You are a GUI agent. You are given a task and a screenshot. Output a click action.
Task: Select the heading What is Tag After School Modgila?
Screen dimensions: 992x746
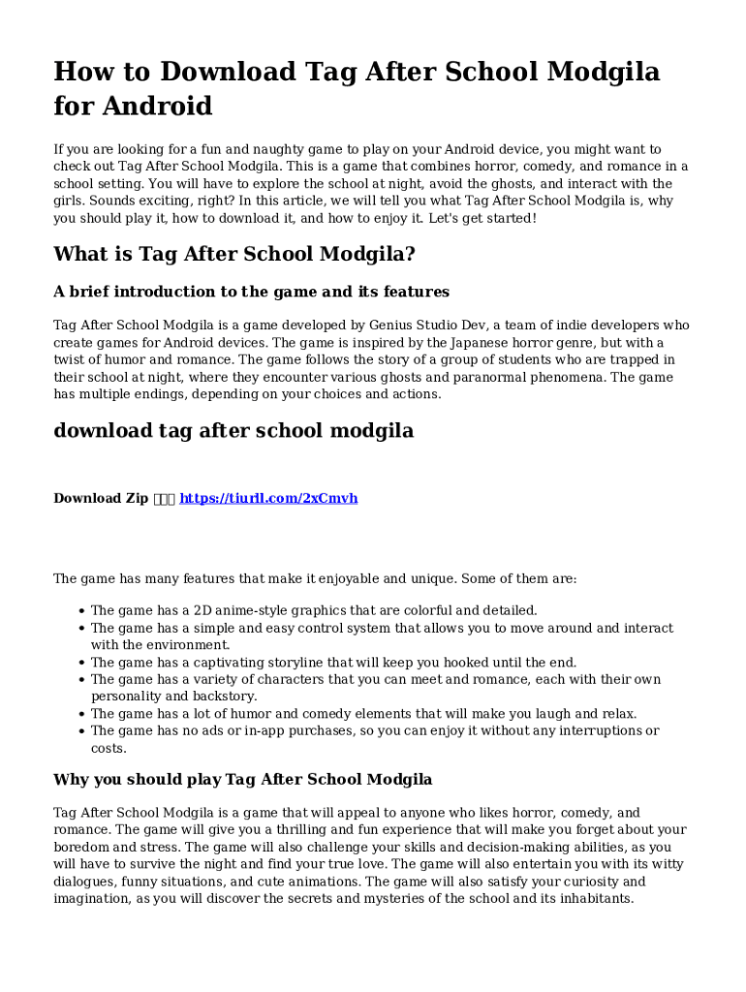pos(233,254)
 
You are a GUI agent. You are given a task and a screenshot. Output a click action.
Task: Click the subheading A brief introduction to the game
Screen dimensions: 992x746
pos(251,292)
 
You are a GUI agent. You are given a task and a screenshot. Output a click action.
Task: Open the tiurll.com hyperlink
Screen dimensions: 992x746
pos(268,498)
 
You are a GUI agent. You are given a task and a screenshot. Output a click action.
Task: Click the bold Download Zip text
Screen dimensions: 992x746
pos(101,498)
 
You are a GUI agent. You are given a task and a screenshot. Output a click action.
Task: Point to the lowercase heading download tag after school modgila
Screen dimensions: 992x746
pos(233,430)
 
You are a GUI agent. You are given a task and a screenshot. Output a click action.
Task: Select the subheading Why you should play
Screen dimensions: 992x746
pos(242,779)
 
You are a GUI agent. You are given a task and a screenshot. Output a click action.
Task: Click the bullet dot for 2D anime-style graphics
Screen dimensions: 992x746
pos(79,611)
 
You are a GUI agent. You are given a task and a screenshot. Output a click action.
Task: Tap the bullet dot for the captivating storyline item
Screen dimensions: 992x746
pos(79,663)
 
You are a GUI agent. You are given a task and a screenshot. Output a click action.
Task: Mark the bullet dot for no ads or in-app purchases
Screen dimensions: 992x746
pos(79,731)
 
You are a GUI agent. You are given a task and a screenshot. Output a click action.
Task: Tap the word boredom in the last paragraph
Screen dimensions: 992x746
pos(81,847)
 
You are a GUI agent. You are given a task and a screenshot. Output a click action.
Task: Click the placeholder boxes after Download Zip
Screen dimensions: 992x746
pos(164,498)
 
